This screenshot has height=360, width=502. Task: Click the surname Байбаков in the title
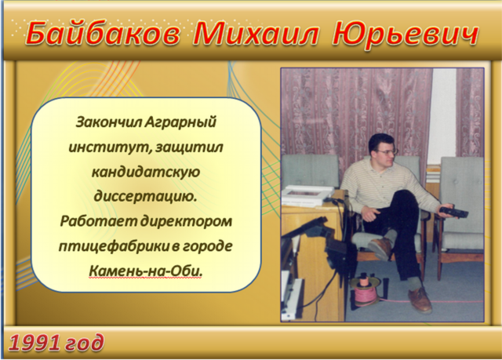(x=103, y=34)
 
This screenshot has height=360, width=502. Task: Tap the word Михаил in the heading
(x=256, y=33)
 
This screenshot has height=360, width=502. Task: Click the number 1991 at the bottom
(x=35, y=344)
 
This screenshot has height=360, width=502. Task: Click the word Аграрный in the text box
(x=180, y=122)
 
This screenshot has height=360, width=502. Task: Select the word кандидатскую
(x=146, y=173)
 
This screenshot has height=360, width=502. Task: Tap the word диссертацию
(x=145, y=197)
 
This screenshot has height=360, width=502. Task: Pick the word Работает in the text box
(x=100, y=221)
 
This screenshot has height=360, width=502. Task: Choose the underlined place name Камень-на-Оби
(x=146, y=271)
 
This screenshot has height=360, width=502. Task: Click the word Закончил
(x=108, y=122)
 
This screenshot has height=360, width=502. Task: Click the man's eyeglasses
(x=387, y=151)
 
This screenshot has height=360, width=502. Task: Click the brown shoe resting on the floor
(x=420, y=300)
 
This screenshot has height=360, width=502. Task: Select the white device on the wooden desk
(x=308, y=195)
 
